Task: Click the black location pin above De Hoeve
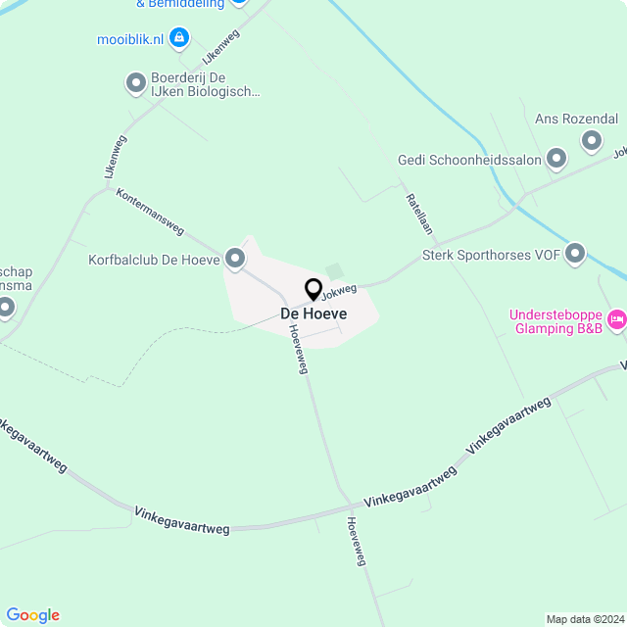pos(313,289)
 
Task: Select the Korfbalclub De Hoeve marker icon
pos(235,259)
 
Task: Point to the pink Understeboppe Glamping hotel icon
pos(616,318)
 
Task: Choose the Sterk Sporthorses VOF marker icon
pos(575,255)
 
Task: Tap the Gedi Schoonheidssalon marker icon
pos(556,159)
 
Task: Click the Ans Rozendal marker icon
pos(591,141)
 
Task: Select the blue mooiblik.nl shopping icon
pos(178,38)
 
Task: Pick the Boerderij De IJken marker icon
pos(136,84)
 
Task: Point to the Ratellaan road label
pos(419,212)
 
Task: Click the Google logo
pos(32,615)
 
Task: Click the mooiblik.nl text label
pos(128,39)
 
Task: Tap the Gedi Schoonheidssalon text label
pos(470,160)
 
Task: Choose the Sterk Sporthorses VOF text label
pos(490,256)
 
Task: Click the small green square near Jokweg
pos(335,270)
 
